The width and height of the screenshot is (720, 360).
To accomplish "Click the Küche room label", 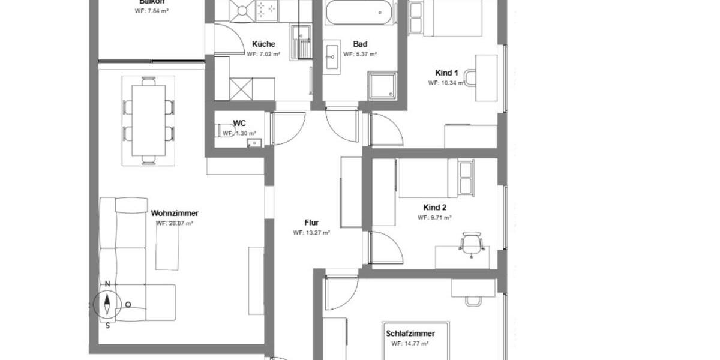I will click(263, 44).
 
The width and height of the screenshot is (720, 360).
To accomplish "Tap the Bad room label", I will click(360, 44).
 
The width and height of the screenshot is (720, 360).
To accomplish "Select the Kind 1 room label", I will click(446, 73).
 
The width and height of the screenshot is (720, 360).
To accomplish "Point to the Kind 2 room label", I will click(434, 208).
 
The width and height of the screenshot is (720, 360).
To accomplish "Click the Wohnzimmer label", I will click(175, 213).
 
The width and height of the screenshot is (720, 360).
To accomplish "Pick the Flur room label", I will click(311, 223).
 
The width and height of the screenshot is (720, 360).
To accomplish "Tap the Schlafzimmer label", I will click(410, 334).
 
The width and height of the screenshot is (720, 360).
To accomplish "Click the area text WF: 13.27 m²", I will click(311, 233).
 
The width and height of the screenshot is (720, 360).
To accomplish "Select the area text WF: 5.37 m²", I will click(360, 54).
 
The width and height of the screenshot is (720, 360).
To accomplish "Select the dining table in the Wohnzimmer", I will click(148, 120).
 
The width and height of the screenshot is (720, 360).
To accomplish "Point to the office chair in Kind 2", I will click(472, 243).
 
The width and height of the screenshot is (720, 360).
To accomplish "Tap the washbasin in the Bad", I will click(332, 59).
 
